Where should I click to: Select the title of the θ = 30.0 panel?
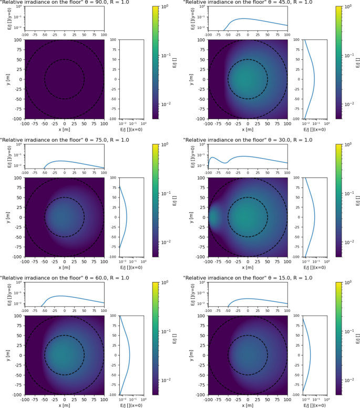[248, 140]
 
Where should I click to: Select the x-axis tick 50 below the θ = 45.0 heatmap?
[268, 124]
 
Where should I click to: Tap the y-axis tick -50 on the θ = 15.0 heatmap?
[201, 375]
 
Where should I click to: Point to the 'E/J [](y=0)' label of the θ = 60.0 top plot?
[10, 294]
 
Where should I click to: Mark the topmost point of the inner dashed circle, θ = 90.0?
[64, 60]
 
